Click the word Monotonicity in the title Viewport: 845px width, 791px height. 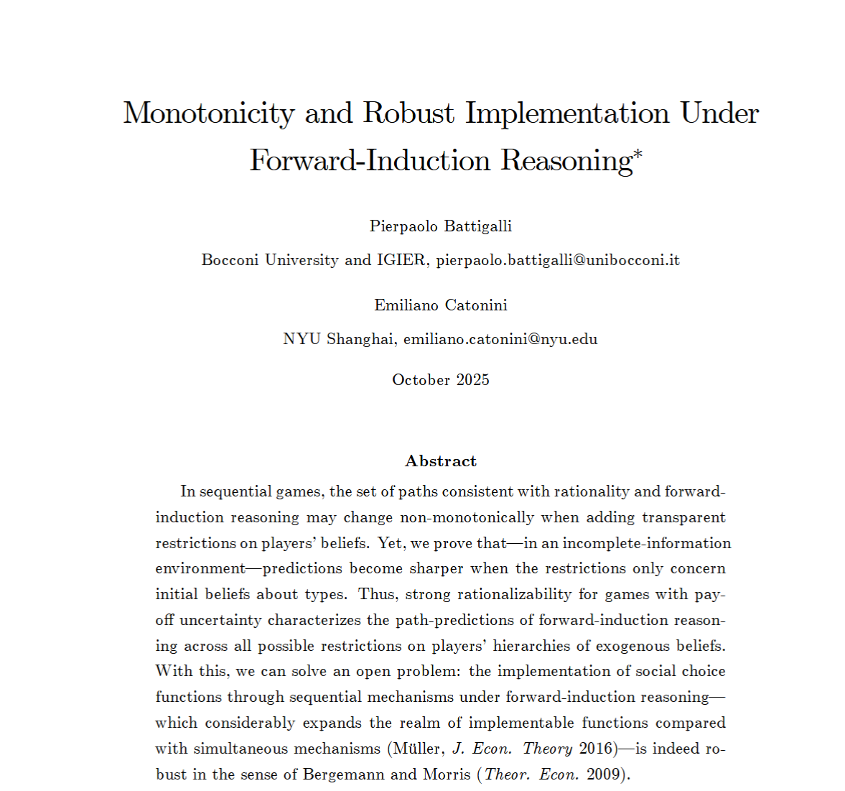point(208,114)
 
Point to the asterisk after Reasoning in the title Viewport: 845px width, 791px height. point(638,152)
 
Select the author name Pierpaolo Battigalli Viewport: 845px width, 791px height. point(440,226)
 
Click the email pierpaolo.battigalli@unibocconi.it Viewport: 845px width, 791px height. point(557,260)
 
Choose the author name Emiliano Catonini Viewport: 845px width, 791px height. point(440,305)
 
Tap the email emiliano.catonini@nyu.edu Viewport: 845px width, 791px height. point(500,339)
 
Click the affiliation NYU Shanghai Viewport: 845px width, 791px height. point(339,339)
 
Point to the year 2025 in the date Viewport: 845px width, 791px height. point(472,380)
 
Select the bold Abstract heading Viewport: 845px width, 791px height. point(440,461)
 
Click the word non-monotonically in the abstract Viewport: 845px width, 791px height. point(467,518)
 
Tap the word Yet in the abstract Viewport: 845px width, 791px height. point(391,543)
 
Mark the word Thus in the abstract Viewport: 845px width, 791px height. point(377,594)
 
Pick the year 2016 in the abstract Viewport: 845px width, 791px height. point(596,749)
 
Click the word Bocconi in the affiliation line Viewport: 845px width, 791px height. point(230,260)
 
